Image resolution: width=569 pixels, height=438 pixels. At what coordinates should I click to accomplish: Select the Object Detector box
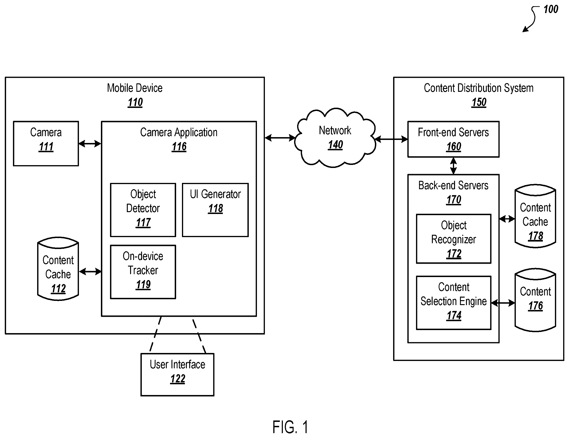tap(143, 210)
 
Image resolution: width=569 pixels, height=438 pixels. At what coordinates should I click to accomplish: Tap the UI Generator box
tap(215, 210)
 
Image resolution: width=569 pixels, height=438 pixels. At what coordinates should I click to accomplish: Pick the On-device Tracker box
tap(143, 272)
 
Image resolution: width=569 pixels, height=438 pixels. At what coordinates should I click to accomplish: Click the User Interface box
tap(178, 375)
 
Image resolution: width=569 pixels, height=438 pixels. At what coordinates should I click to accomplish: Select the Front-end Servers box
tap(453, 139)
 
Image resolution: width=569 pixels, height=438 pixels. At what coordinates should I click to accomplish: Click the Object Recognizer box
tap(454, 239)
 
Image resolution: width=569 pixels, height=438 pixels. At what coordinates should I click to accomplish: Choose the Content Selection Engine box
tap(454, 303)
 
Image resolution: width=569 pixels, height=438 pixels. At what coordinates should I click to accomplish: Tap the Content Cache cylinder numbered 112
tap(58, 269)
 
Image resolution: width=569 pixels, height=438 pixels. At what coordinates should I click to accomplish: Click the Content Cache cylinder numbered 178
tap(535, 216)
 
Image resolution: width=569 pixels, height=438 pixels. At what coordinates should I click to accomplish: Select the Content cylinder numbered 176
tap(535, 300)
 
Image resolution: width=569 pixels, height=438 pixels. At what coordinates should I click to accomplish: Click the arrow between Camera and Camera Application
tap(90, 144)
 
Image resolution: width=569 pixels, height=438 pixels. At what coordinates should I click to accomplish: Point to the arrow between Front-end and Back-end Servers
tap(453, 166)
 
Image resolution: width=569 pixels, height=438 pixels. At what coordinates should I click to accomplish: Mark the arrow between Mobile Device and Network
tap(280, 138)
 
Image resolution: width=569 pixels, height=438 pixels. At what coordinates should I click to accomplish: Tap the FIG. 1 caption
tap(290, 427)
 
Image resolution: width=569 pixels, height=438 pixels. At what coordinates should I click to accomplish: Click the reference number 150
tap(479, 102)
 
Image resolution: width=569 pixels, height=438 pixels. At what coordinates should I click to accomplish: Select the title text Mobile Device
tap(135, 88)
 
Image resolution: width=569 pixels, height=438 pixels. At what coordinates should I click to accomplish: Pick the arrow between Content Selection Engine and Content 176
tap(503, 303)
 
